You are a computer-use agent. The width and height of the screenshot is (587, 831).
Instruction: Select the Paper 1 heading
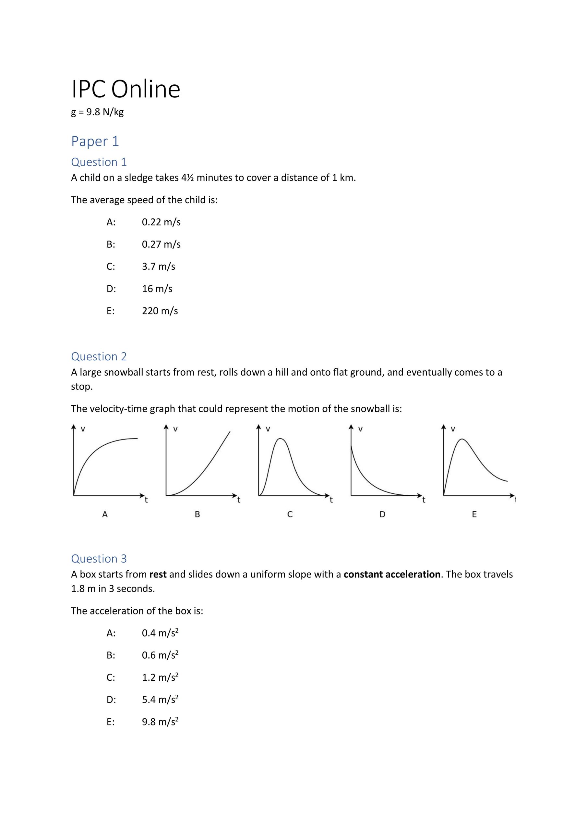point(95,141)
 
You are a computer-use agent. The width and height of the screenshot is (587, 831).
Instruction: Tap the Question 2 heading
point(99,356)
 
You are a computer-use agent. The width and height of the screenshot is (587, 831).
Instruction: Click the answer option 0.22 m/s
point(161,222)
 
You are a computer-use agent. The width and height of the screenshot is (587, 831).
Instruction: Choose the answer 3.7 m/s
point(158,267)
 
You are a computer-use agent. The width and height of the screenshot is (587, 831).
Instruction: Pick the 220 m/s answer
point(160,311)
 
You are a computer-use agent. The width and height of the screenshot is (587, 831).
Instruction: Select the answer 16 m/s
point(157,289)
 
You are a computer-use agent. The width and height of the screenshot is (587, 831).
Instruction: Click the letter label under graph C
point(290,514)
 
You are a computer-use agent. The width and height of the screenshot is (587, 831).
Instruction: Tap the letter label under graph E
point(474,514)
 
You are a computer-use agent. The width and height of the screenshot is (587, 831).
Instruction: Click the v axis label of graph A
point(83,429)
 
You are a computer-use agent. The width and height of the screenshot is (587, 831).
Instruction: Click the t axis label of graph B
point(239,500)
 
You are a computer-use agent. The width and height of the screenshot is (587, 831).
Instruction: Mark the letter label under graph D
point(382,514)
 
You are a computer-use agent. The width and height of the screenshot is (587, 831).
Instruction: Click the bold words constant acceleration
point(392,574)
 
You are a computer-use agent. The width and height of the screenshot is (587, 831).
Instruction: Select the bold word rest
point(158,574)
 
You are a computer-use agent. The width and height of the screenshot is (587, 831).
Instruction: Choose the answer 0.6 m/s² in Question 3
point(160,655)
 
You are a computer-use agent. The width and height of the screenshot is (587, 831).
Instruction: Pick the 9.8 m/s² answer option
point(160,722)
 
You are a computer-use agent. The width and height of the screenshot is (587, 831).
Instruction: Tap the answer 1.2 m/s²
point(160,677)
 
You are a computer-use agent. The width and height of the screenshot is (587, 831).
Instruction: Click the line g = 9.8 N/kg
point(97,112)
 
